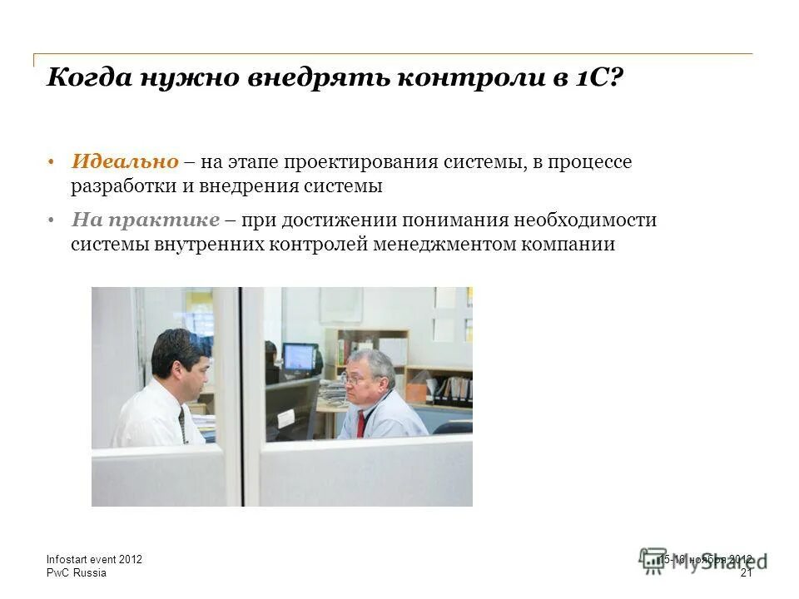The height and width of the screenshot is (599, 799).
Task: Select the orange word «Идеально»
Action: point(125,161)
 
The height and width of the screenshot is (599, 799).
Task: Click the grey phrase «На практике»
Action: point(146,220)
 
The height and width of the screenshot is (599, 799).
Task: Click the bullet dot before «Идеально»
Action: point(51,162)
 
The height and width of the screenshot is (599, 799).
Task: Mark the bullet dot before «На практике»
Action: point(51,220)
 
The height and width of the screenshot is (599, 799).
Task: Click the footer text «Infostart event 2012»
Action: point(94,560)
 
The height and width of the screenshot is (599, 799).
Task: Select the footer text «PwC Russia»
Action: point(76,573)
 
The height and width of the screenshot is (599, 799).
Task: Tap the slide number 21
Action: point(746,573)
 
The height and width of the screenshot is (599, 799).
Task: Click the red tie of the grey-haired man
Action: point(362,423)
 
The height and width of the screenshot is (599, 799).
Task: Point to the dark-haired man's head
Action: point(179,358)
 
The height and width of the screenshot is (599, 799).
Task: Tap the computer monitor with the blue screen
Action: point(299,357)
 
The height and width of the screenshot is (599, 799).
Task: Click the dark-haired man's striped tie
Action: point(182,423)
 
